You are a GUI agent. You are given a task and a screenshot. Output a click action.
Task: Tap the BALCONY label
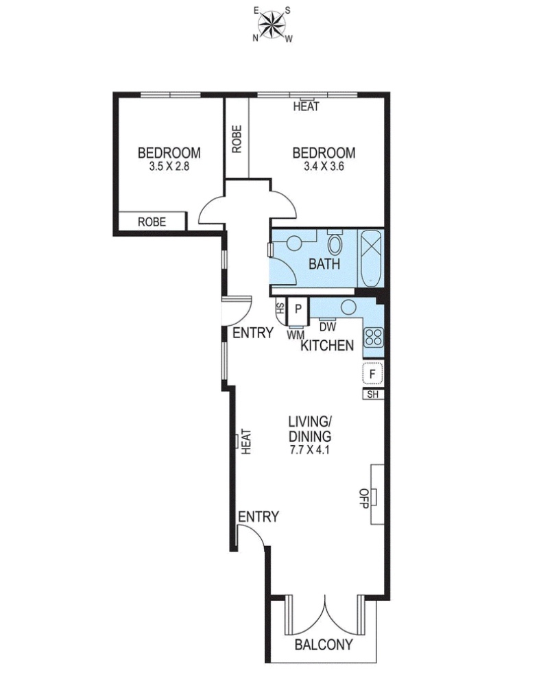coord(324,645)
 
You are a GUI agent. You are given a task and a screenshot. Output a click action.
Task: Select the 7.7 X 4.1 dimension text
coord(310,450)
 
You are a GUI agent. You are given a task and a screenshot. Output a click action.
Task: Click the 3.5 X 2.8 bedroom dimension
coord(169,166)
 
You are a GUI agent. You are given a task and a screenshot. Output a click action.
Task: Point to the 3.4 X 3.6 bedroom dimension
coord(324,166)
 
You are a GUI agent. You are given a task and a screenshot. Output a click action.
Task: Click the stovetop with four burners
coord(374,338)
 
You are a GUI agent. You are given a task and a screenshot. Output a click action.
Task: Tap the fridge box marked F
coord(372,375)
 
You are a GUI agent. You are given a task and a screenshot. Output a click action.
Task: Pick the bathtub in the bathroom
coord(372,259)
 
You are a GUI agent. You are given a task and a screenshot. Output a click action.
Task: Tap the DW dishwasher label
coord(328,327)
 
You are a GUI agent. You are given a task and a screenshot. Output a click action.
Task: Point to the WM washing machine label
coord(296,335)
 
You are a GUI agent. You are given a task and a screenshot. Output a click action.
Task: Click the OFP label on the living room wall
coord(363,498)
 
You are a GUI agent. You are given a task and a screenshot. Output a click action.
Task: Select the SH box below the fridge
coord(373,394)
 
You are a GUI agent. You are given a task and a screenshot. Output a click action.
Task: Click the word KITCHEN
coord(327,345)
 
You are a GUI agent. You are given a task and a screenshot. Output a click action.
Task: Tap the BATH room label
coord(324,264)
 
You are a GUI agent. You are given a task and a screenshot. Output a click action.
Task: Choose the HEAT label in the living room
coord(246,442)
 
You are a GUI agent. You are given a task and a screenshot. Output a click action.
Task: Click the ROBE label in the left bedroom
coord(152,222)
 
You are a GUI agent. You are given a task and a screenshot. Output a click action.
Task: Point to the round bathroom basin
coord(294,243)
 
